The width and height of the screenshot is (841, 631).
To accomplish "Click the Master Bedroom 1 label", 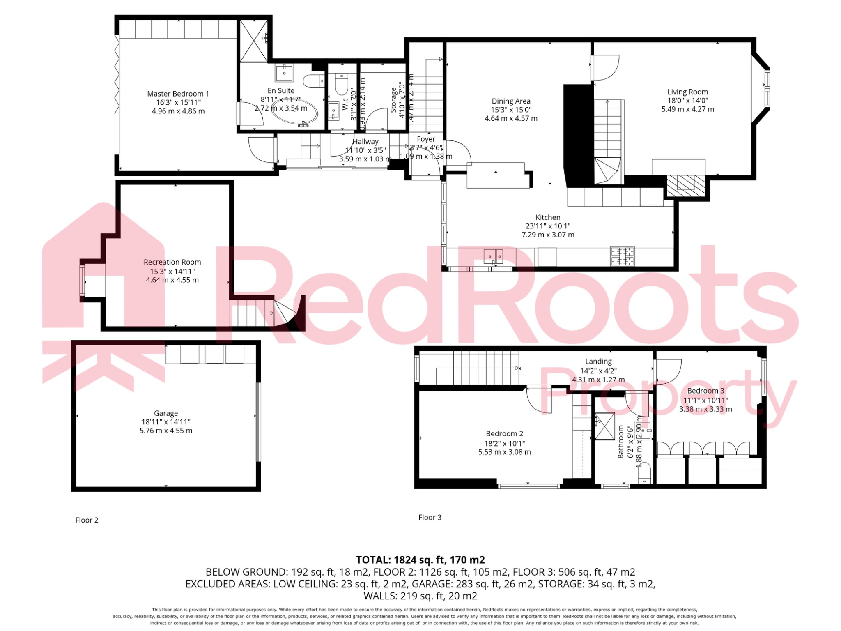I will coord(178,94).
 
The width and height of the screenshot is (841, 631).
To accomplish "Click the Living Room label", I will coord(687,92).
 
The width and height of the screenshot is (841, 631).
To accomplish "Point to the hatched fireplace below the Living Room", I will coord(685,186).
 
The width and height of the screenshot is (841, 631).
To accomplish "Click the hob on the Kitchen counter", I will coord(622,256).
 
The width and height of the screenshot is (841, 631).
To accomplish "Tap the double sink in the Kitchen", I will coord(493,256).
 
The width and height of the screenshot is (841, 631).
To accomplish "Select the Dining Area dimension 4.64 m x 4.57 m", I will coord(511,118).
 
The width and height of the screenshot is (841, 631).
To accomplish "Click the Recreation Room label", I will coord(172,262).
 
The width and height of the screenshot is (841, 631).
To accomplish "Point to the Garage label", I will coord(166,413).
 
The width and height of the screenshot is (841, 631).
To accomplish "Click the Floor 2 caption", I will coord(87,520).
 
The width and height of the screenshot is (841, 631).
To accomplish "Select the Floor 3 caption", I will coord(430,517).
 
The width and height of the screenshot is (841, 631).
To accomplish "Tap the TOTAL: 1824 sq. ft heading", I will coord(420,560).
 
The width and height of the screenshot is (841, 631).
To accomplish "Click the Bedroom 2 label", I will coord(504,434).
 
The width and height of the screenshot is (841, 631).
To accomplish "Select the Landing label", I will coord(598,362).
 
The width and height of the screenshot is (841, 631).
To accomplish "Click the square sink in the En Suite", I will coord(284,73).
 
